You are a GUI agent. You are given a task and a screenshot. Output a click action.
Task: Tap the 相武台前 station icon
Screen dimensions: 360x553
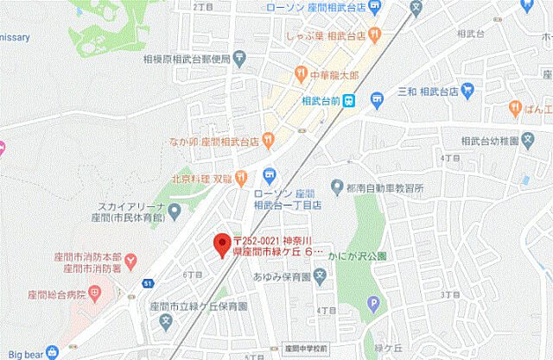pyautogui.click(x=350, y=101)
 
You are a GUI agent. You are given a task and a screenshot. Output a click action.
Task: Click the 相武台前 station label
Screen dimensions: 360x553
pyautogui.click(x=322, y=102)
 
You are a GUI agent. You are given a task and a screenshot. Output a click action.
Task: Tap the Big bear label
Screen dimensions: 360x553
pyautogui.click(x=21, y=352)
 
